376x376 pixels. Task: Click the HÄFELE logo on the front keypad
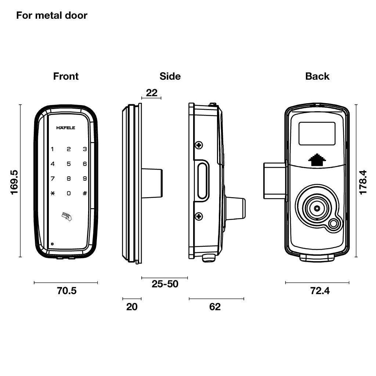tap(66, 128)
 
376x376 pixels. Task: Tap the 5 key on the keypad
tap(69, 164)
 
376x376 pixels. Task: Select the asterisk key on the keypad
tap(53, 193)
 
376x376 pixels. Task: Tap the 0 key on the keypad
tap(69, 193)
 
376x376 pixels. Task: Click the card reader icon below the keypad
tap(67, 216)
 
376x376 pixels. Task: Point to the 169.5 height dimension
tap(14, 182)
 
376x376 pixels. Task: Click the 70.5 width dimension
tap(67, 291)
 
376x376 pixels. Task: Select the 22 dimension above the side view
tap(152, 93)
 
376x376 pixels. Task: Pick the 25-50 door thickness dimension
tap(165, 284)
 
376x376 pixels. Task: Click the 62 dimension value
tap(215, 307)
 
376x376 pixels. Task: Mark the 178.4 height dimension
tap(363, 182)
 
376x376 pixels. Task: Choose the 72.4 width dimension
tap(320, 291)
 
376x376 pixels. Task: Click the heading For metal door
tap(52, 15)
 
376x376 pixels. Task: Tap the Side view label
tap(170, 76)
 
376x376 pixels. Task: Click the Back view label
tap(317, 76)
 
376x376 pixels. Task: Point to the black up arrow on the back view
tap(317, 160)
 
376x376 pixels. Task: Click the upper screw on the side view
tap(199, 145)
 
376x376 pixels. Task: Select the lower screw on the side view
tap(199, 216)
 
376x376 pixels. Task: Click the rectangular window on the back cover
tap(317, 134)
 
